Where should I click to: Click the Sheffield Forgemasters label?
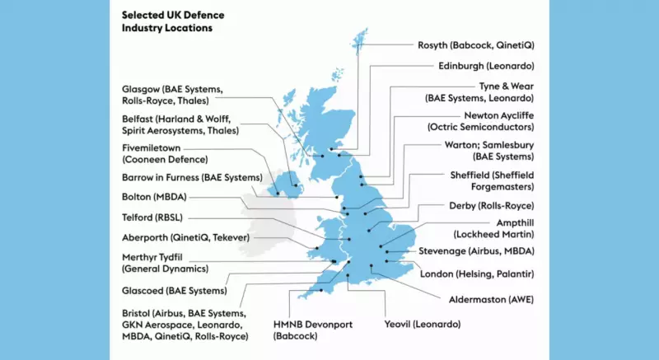tap(492, 180)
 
